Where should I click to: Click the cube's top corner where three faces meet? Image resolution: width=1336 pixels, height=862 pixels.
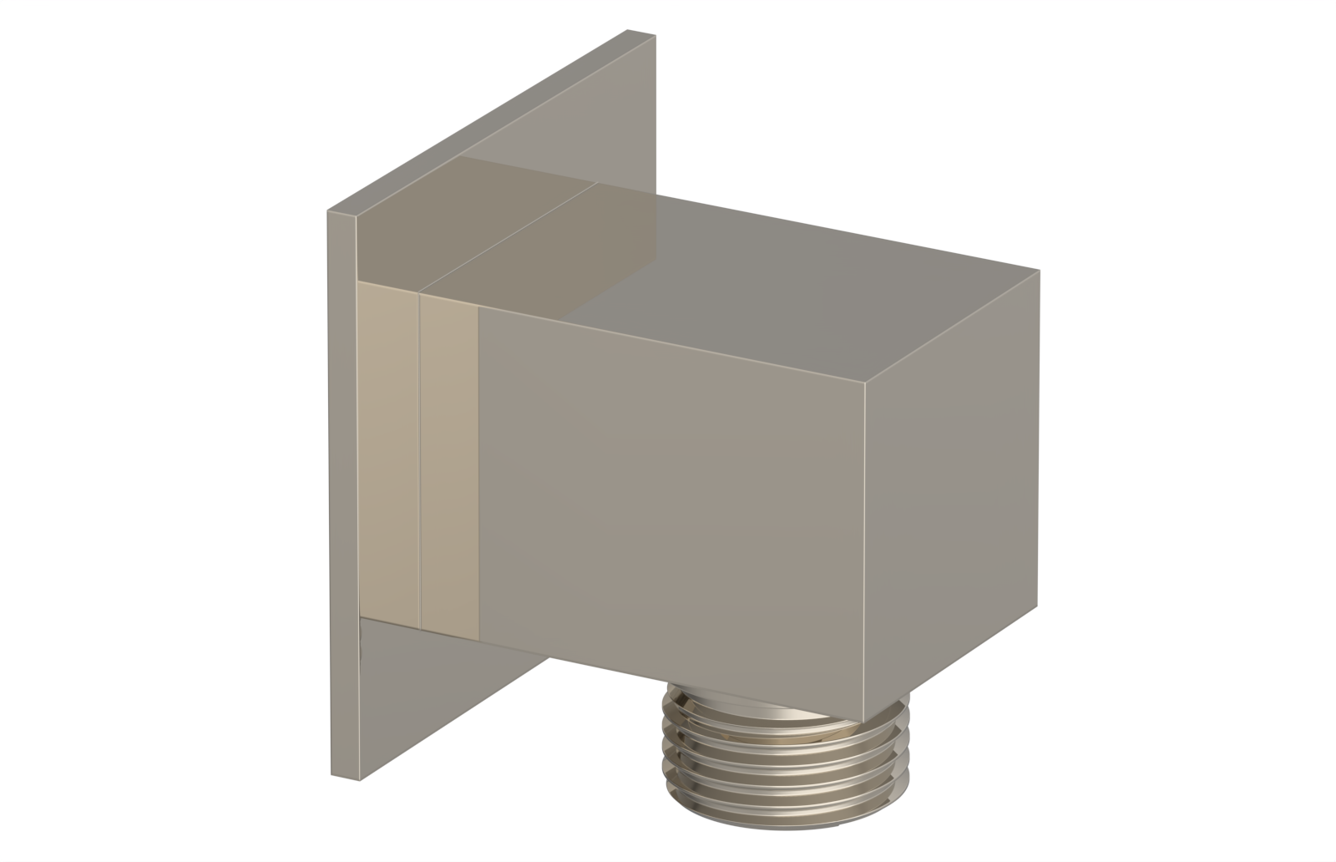click(x=866, y=389)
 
